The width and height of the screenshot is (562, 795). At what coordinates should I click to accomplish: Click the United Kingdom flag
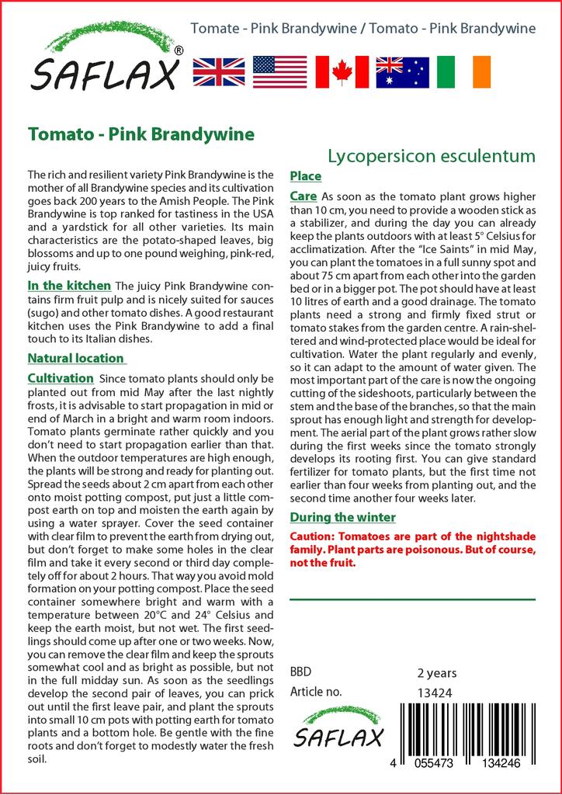(218, 71)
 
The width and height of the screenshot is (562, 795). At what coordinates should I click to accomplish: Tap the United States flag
(279, 71)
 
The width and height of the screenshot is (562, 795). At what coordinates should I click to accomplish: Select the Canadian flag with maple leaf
(341, 71)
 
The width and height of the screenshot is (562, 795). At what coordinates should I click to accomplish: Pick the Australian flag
(402, 71)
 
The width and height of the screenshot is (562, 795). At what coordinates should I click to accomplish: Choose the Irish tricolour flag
(463, 71)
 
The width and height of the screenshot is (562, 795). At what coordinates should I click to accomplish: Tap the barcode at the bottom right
(465, 731)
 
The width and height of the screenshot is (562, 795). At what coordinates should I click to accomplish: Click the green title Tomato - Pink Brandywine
(140, 134)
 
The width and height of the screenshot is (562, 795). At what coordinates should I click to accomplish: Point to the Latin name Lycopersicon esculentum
(432, 156)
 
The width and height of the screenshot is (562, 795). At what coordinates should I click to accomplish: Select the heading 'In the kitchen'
(69, 286)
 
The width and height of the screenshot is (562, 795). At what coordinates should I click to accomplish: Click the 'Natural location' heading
(76, 358)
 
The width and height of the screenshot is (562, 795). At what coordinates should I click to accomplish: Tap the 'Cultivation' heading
(61, 378)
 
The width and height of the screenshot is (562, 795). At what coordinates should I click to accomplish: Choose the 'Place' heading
(305, 176)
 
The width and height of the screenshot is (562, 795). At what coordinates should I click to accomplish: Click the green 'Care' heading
(303, 196)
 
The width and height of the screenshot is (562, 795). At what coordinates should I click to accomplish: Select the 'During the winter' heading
(342, 517)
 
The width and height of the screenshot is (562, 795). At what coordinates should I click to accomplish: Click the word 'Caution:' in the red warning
(314, 536)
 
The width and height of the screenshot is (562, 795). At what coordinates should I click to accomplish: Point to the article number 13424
(435, 693)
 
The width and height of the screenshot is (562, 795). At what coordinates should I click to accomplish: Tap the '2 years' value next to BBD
(437, 673)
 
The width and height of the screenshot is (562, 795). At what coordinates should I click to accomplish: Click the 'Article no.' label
(316, 692)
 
